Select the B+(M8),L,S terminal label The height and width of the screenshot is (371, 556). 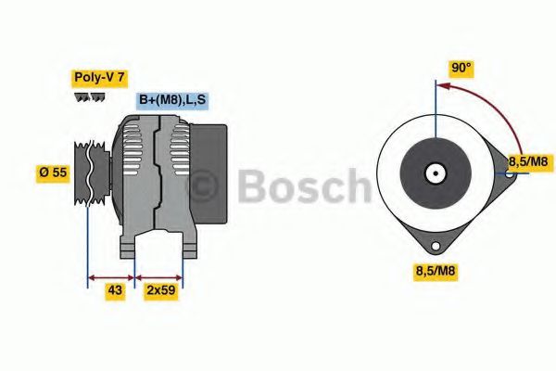pyautogui.click(x=171, y=99)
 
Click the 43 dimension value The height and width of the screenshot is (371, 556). pyautogui.click(x=114, y=290)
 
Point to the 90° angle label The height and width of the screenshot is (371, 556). pyautogui.click(x=461, y=69)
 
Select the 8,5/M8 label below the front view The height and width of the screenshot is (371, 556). pyautogui.click(x=435, y=271)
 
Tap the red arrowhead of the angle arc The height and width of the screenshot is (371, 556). pyautogui.click(x=440, y=86)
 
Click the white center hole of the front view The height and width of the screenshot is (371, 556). pyautogui.click(x=434, y=173)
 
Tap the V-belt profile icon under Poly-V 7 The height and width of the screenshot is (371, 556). pyautogui.click(x=90, y=96)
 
